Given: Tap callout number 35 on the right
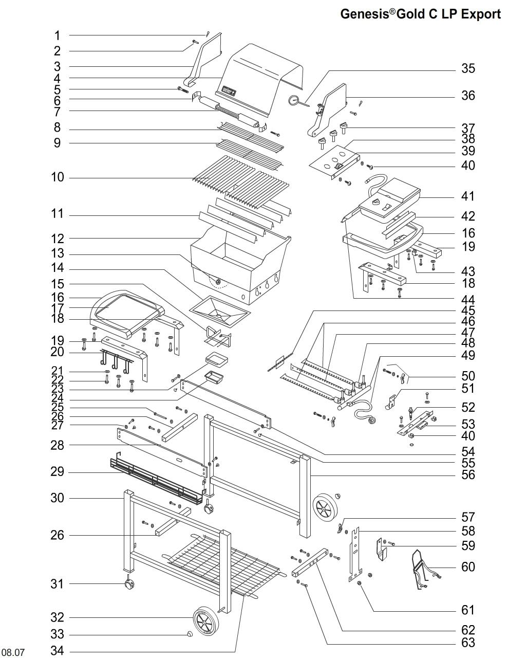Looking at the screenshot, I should point(468,68).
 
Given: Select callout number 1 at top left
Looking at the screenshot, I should point(58,35).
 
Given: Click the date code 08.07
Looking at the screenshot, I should point(13,652).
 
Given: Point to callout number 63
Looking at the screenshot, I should point(468,643).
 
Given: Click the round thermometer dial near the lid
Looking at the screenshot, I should point(294,100).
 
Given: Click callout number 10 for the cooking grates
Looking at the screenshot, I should point(58,177).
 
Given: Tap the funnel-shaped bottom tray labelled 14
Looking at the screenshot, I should point(219,310).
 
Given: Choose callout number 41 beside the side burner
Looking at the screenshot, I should point(468,196).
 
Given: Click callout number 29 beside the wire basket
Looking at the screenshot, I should point(57,472).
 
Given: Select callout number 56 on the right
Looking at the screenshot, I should point(468,475).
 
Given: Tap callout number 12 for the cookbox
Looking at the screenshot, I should point(58,239).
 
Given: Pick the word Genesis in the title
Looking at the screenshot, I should point(364,14).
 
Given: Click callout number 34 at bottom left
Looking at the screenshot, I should point(57,651).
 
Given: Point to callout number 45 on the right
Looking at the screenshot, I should point(468,310).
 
